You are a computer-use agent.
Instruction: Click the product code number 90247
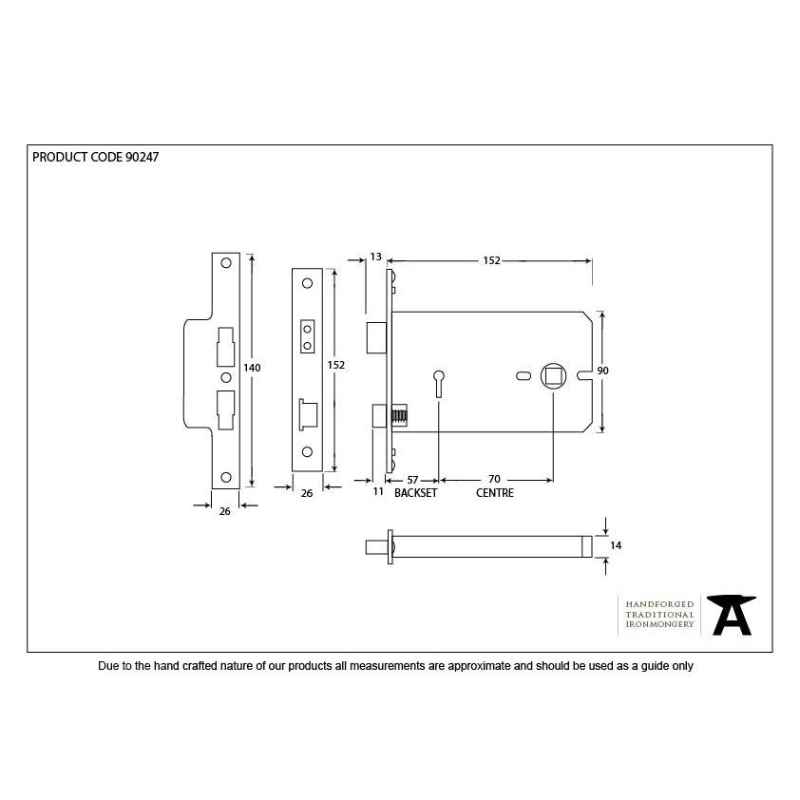point(142,157)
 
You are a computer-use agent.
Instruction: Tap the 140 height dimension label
point(252,368)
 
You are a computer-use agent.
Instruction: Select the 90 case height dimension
point(603,371)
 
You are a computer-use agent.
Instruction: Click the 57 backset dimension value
point(412,480)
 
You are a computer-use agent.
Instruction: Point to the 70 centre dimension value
point(494,479)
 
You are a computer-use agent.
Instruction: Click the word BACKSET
point(416,493)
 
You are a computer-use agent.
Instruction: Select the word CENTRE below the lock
point(495,493)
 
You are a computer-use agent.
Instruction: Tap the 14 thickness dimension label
point(616,546)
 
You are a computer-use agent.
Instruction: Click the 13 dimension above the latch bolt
point(376,257)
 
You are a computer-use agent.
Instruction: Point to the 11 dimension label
point(378,491)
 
